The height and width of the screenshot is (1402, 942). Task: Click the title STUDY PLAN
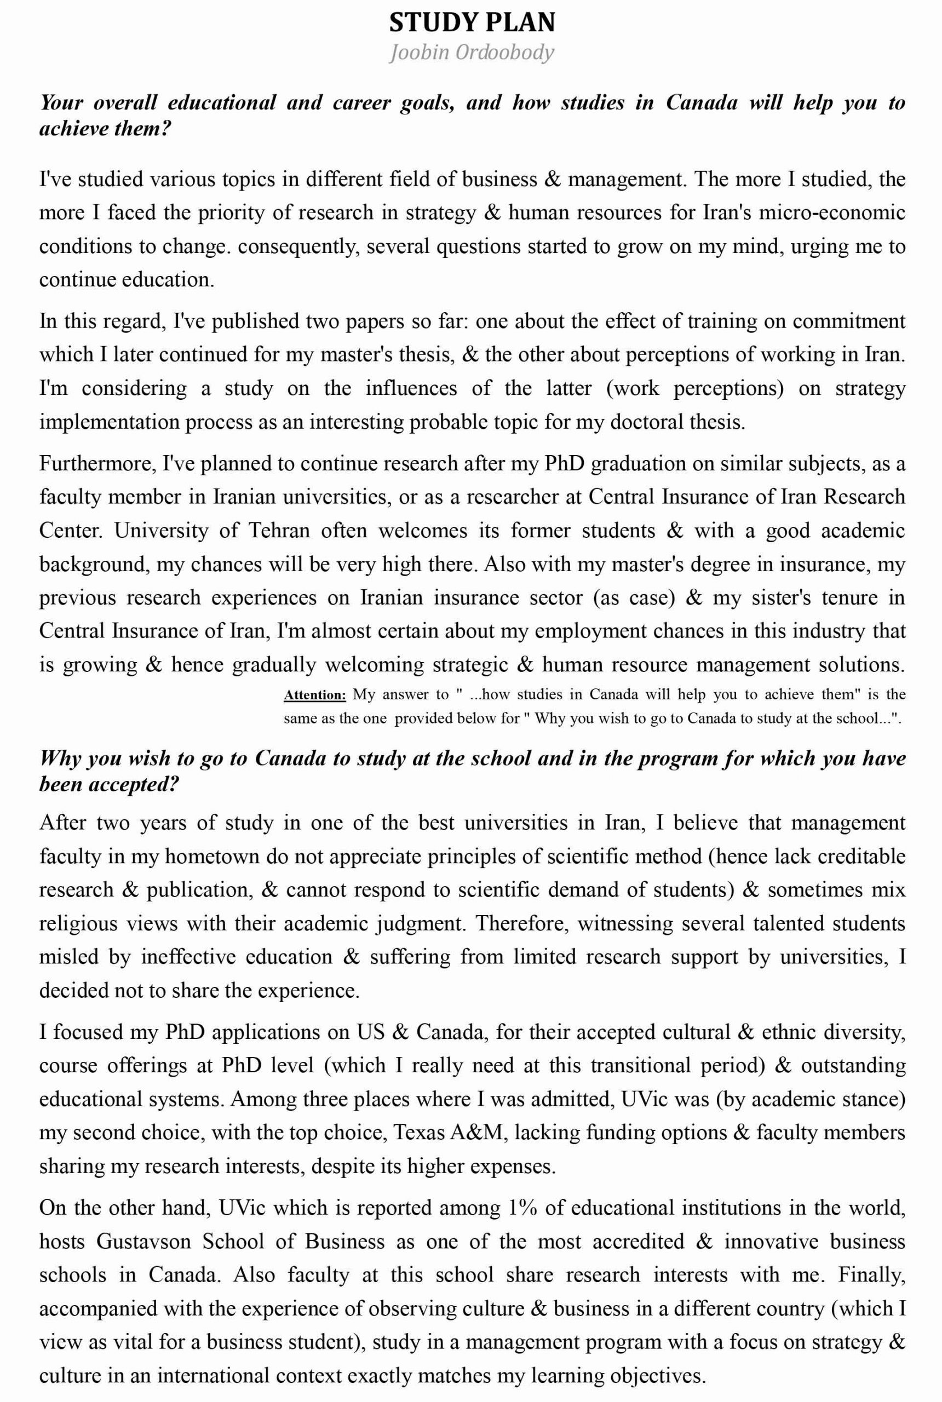coord(472,23)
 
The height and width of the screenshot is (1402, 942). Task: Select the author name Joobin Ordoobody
coord(472,53)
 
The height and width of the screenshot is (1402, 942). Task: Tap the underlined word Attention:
coord(315,695)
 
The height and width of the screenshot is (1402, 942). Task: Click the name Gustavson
coord(143,1241)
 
